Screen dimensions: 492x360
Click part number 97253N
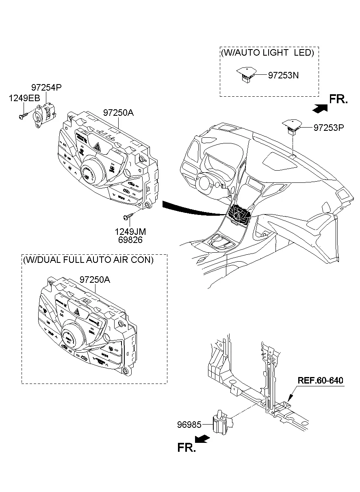coord(283,75)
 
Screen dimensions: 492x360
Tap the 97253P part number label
coord(328,128)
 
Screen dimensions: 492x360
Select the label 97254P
coord(47,87)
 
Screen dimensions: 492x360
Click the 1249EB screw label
coord(25,98)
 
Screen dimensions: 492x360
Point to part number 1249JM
coord(130,232)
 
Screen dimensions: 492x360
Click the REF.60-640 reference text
coord(321,381)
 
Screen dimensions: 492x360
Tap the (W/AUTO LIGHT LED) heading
coord(267,53)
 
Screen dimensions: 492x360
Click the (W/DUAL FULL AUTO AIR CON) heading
coord(89,260)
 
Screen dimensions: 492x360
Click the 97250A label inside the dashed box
coord(95,280)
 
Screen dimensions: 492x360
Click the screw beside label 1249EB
coord(22,116)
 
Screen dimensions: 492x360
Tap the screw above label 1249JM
coord(130,216)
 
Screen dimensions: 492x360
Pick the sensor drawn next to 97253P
coord(291,126)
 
